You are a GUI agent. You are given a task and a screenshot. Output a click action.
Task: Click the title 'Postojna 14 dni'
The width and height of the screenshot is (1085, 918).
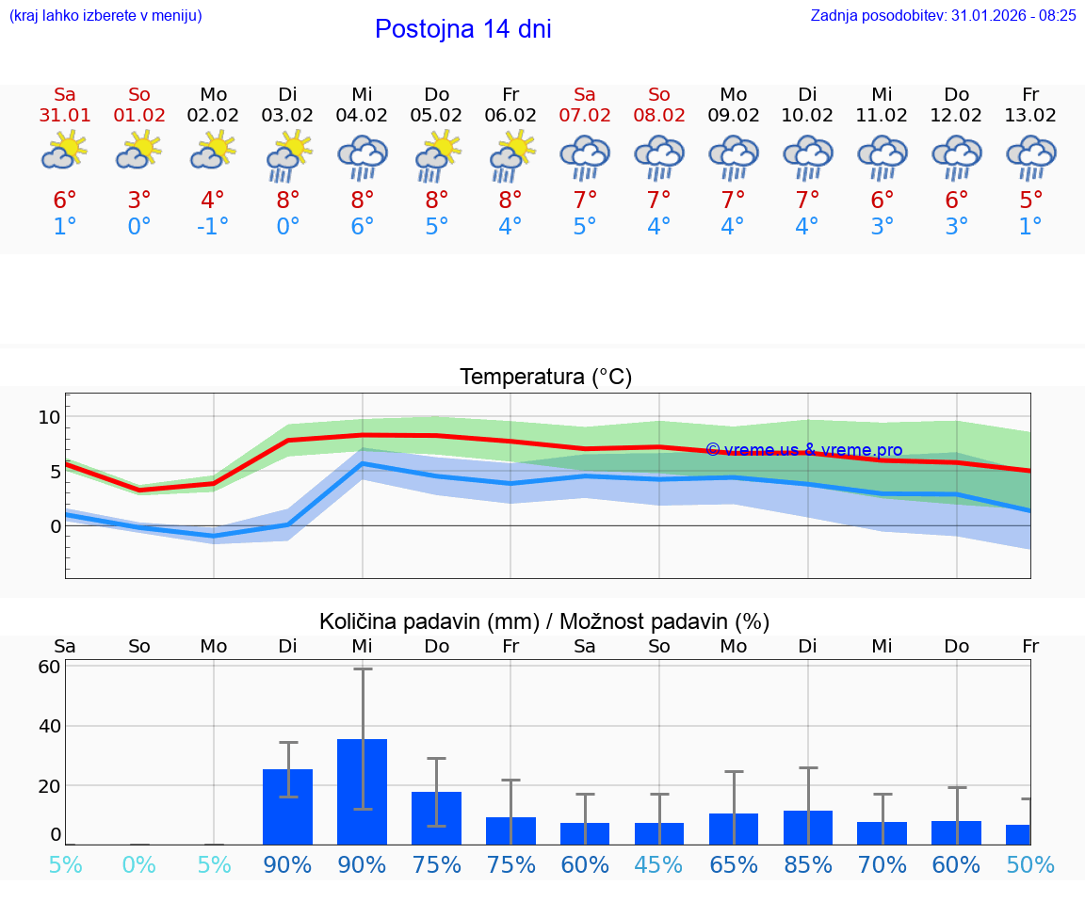click(x=462, y=29)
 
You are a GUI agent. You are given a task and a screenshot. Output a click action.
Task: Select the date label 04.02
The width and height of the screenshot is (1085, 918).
click(x=362, y=116)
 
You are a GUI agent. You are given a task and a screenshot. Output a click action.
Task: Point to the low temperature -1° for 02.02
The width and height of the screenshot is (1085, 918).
click(x=213, y=227)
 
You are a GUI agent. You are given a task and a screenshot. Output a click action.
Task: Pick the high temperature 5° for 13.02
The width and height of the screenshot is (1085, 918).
click(x=1031, y=201)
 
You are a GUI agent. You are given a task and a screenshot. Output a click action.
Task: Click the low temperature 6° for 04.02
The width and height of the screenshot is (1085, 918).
click(x=362, y=227)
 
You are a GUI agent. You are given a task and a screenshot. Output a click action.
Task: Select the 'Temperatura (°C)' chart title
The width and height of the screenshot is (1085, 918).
click(x=545, y=378)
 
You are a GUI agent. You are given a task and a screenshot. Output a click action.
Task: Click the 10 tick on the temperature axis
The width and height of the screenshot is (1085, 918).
click(x=49, y=417)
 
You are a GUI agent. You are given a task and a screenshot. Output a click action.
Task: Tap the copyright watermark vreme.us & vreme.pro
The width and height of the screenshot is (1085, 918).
click(x=803, y=450)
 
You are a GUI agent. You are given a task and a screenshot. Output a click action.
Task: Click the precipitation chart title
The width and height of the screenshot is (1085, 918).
click(x=544, y=621)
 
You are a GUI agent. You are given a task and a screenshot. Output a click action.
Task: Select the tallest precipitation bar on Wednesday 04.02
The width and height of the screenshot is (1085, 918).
click(x=362, y=791)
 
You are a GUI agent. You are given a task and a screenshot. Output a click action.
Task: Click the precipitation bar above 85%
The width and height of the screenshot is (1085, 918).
click(x=808, y=827)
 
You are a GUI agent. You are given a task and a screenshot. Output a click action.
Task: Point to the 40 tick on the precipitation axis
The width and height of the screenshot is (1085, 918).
click(x=49, y=726)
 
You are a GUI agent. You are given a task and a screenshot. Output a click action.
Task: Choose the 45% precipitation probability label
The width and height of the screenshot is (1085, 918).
click(x=659, y=864)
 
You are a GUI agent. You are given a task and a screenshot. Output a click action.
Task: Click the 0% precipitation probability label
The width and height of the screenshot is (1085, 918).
click(x=138, y=864)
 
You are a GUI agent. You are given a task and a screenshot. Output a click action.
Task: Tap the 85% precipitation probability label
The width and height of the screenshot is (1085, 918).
click(x=808, y=864)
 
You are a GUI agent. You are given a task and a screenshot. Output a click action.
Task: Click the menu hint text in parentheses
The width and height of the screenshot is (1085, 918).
click(x=105, y=16)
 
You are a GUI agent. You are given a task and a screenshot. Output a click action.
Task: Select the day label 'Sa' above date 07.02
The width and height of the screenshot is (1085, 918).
click(x=585, y=94)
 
